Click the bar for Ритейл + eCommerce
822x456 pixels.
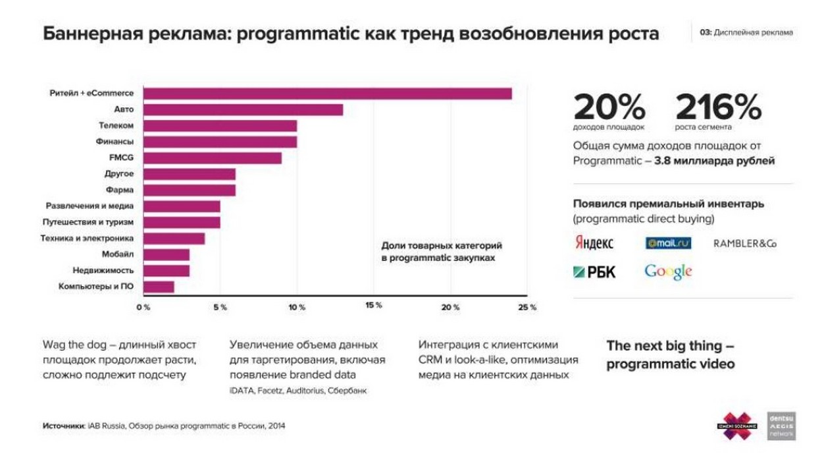coord(327,94)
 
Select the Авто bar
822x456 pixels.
coord(243,109)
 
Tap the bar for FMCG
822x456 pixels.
coord(213,158)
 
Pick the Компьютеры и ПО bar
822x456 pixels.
coord(159,286)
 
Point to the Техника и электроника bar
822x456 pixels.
coord(174,238)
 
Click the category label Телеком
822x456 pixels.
coord(116,125)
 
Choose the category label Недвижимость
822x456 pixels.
coord(103,270)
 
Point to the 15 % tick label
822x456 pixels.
coord(374,306)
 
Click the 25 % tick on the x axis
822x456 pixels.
coord(527,307)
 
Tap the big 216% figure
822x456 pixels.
coord(718,107)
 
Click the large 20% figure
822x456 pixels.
coord(609,107)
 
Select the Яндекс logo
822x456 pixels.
coord(594,243)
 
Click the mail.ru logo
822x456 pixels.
coord(668,243)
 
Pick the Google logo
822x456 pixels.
coord(668,271)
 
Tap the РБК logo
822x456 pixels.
coord(594,271)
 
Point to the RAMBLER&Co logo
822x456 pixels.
coord(745,244)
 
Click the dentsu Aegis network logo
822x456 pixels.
coord(782,426)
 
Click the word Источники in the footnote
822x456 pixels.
coord(63,426)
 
